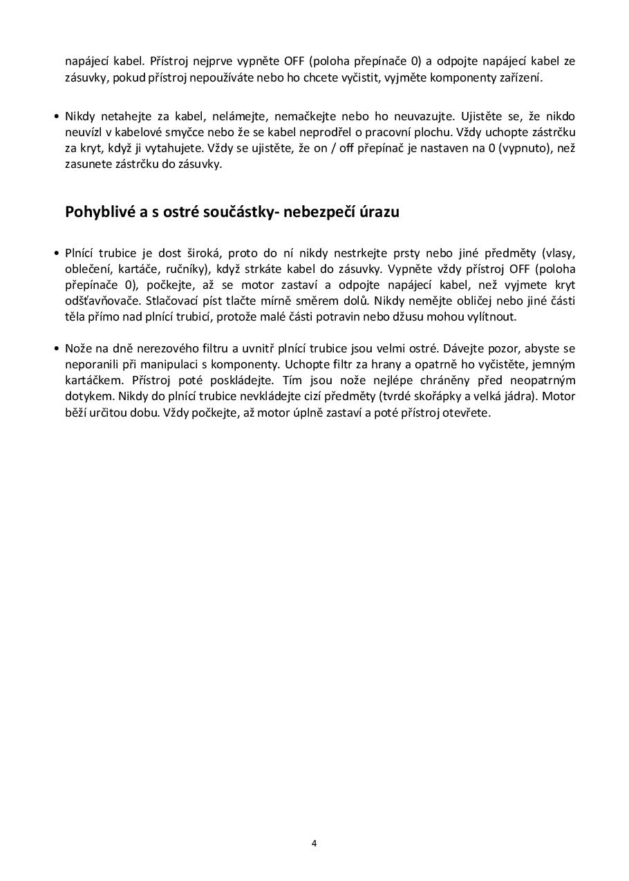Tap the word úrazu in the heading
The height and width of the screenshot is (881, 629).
[x=379, y=211]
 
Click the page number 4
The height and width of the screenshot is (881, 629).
[x=314, y=843]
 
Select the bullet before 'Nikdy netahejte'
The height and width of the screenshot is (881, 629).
[x=56, y=116]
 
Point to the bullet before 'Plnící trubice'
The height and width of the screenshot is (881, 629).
[x=56, y=253]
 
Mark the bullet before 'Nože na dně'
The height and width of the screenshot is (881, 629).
[x=56, y=348]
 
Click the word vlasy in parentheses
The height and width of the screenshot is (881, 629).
[x=560, y=253]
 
